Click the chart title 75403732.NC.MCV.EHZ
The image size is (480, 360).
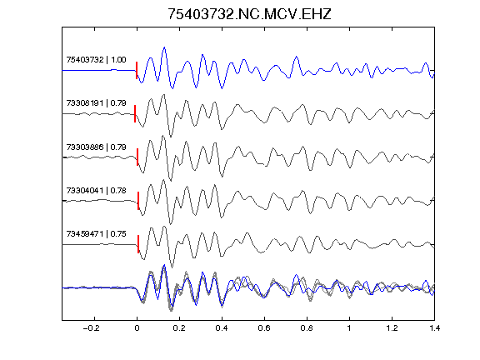pyautogui.click(x=249, y=14)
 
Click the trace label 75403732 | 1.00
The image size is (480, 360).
pyautogui.click(x=96, y=60)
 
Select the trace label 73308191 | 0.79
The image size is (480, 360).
pyautogui.click(x=96, y=103)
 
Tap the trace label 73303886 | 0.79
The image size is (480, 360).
pyautogui.click(x=96, y=147)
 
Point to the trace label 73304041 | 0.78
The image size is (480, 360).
pyautogui.click(x=96, y=191)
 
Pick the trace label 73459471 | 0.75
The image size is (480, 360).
pyautogui.click(x=96, y=234)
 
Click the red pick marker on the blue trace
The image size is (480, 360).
pyautogui.click(x=137, y=70)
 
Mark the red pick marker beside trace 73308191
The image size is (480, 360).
pyautogui.click(x=135, y=114)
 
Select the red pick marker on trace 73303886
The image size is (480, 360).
pyautogui.click(x=137, y=157)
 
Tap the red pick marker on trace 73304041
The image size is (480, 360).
pyautogui.click(x=138, y=201)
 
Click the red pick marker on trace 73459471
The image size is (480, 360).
pyautogui.click(x=138, y=244)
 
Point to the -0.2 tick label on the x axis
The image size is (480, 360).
pyautogui.click(x=92, y=328)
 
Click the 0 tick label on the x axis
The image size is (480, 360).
pyautogui.click(x=137, y=328)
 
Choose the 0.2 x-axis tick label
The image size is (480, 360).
pyautogui.click(x=179, y=328)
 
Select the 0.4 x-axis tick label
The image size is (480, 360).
pyautogui.click(x=222, y=328)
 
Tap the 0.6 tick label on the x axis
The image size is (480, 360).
pyautogui.click(x=264, y=328)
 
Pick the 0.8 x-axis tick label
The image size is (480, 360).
pyautogui.click(x=307, y=328)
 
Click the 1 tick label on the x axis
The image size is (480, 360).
pyautogui.click(x=349, y=328)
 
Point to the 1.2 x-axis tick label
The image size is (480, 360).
pyautogui.click(x=392, y=328)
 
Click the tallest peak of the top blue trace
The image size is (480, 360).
pyautogui.click(x=165, y=47)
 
